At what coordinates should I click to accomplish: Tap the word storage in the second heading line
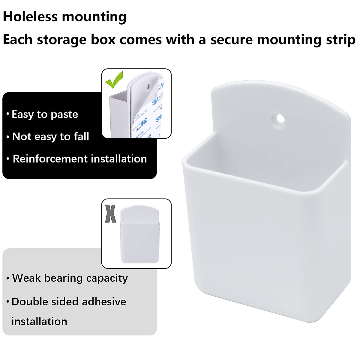(x=61, y=40)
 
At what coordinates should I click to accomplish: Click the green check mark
(x=114, y=79)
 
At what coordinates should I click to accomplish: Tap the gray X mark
(x=110, y=214)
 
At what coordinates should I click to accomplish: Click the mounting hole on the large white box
(x=280, y=118)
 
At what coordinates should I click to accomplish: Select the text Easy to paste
(x=45, y=114)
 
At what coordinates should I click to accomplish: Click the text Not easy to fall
(x=50, y=136)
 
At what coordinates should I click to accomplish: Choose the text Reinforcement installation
(x=80, y=159)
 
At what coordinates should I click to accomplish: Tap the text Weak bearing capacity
(x=70, y=278)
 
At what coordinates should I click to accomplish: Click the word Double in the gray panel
(x=28, y=301)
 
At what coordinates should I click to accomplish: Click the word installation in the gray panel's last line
(x=39, y=322)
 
